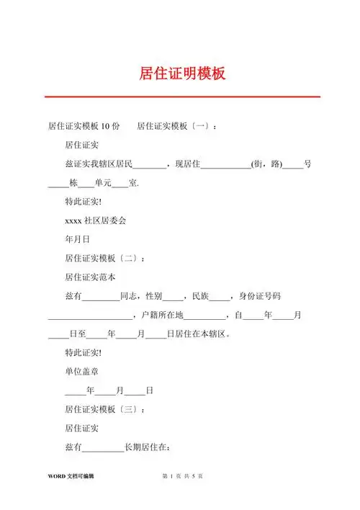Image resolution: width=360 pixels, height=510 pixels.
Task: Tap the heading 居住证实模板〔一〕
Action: click(x=176, y=126)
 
